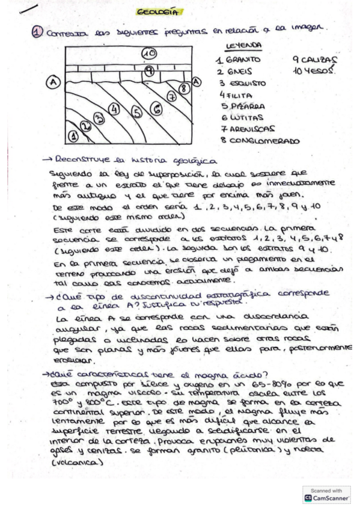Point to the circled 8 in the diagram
185,88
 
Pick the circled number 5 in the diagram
136,111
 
